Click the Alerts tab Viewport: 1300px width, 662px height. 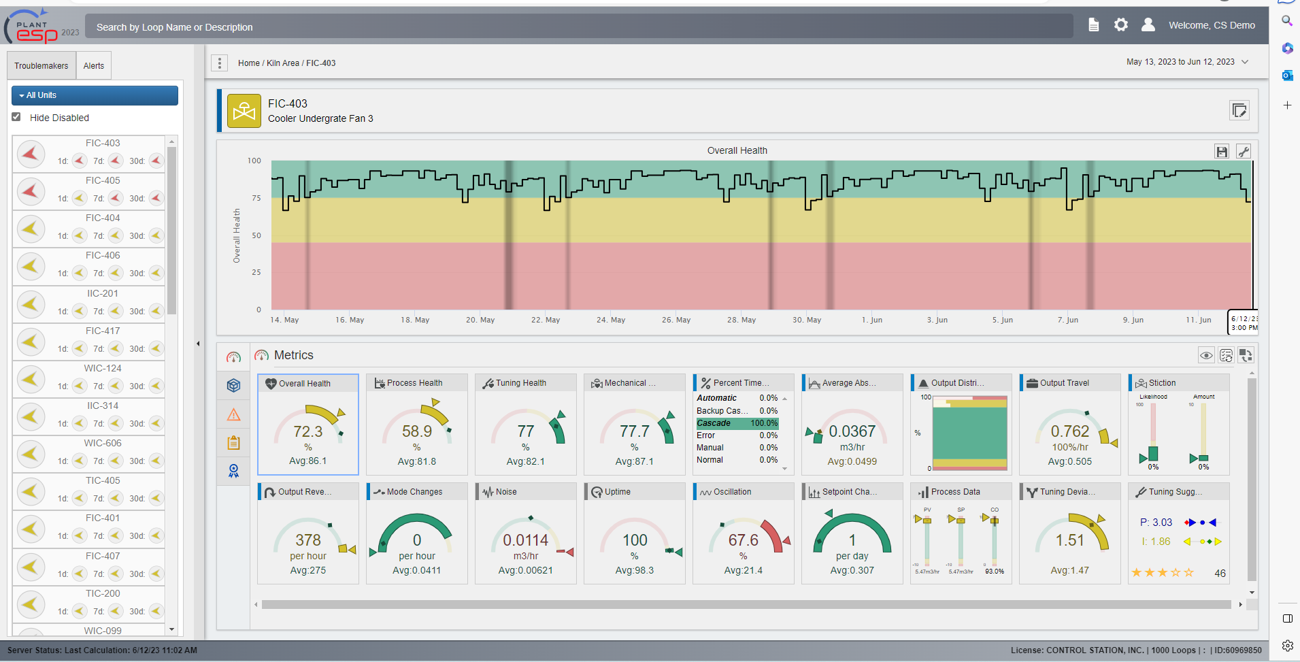[94, 66]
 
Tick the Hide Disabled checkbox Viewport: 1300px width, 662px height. [16, 117]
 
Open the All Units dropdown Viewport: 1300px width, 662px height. [95, 95]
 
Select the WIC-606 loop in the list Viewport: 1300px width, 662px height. [103, 444]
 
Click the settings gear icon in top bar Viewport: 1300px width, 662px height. [1120, 25]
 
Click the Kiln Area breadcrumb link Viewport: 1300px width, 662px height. [282, 63]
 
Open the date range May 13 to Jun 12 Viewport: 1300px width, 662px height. [1186, 62]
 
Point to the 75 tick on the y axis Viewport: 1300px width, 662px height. [256, 198]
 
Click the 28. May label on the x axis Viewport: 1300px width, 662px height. [741, 320]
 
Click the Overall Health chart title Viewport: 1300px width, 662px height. [737, 150]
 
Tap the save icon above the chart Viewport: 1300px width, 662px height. [1222, 152]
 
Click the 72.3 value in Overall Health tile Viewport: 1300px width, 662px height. [307, 431]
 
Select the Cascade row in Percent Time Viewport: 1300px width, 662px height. [737, 423]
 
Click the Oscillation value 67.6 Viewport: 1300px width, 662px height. [743, 540]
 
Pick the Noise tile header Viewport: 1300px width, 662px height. [506, 492]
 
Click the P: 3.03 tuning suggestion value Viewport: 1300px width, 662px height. [1156, 523]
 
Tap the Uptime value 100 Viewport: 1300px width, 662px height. [635, 540]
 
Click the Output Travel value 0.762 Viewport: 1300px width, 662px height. [1069, 431]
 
